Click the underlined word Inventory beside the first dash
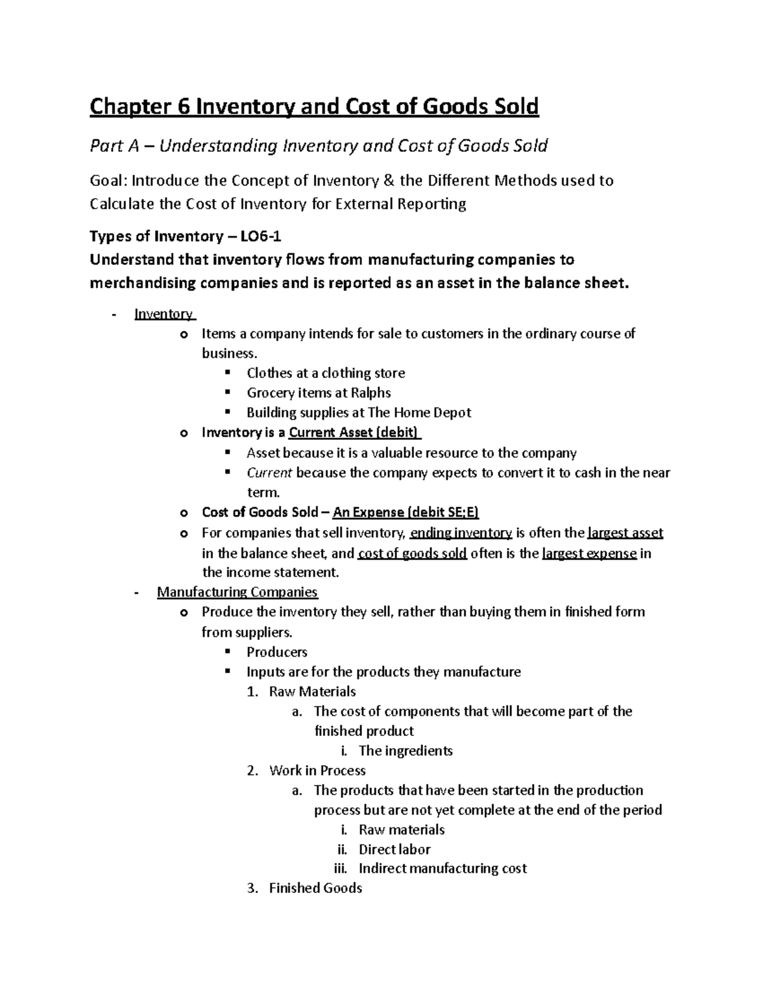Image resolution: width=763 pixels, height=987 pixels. pyautogui.click(x=164, y=314)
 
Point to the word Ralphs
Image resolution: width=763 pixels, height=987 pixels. pyautogui.click(x=371, y=393)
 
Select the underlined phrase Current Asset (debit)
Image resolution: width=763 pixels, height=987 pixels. pyautogui.click(x=354, y=433)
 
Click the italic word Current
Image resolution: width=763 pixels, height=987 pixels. pyautogui.click(x=269, y=473)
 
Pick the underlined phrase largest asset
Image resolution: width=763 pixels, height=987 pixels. pyautogui.click(x=625, y=533)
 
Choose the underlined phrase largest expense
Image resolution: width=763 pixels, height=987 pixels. pyautogui.click(x=589, y=553)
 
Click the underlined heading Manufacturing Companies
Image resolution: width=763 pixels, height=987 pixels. pyautogui.click(x=237, y=592)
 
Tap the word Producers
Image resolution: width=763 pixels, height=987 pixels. pyautogui.click(x=277, y=652)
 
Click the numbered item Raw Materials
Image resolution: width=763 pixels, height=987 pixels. pyautogui.click(x=312, y=691)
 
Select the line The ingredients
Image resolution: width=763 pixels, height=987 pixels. pyautogui.click(x=405, y=751)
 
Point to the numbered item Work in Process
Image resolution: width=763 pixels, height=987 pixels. pyautogui.click(x=317, y=770)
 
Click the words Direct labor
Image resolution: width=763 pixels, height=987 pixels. pyautogui.click(x=394, y=849)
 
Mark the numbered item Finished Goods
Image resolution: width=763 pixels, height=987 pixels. pyautogui.click(x=315, y=888)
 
